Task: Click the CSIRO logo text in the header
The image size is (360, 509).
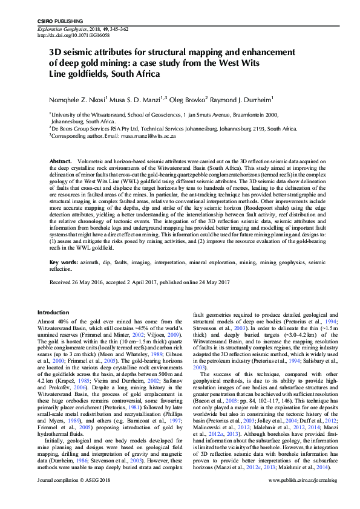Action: (x=45, y=21)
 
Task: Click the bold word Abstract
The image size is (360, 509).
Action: (x=61, y=162)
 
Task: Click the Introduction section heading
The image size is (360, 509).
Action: (x=54, y=312)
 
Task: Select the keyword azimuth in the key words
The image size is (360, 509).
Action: (x=91, y=263)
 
